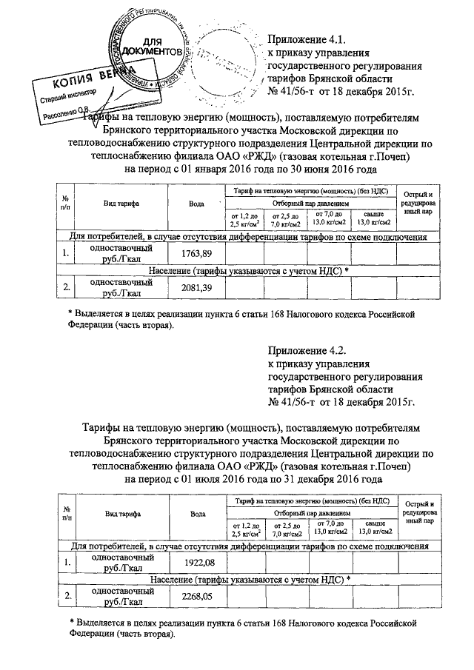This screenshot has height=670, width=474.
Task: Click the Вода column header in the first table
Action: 197,203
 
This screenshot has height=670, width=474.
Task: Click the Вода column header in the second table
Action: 197,514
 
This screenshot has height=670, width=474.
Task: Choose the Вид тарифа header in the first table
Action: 123,203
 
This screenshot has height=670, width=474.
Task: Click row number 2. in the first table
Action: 67,288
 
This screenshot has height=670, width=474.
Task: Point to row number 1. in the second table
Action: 67,566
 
